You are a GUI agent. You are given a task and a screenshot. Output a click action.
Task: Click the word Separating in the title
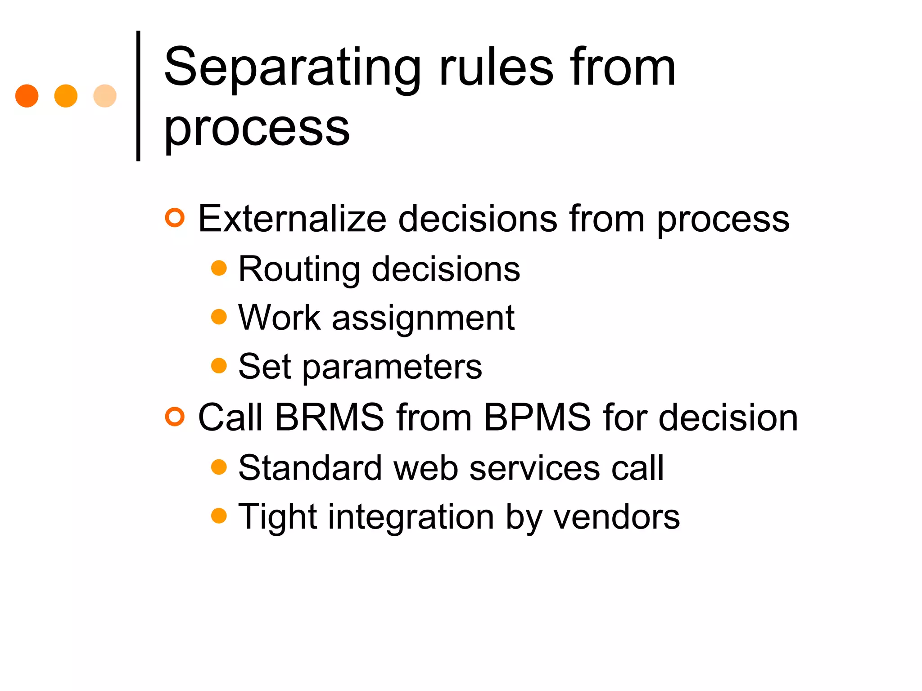[x=292, y=68]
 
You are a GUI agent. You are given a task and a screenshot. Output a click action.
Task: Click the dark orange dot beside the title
[x=27, y=96]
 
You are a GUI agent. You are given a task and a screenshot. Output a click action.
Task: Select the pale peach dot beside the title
[x=105, y=96]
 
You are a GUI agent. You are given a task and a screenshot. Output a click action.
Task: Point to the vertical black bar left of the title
[x=138, y=96]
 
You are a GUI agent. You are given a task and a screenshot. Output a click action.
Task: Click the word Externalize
[x=292, y=219]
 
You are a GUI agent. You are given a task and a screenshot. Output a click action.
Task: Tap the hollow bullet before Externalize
[x=175, y=218]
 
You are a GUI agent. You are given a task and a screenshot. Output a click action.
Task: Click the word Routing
[x=299, y=269]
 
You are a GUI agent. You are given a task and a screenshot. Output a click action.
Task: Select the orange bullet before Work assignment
[x=219, y=317]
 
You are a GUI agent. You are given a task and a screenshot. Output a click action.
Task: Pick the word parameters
[x=392, y=367]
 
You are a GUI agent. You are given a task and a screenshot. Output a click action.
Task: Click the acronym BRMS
[x=329, y=417]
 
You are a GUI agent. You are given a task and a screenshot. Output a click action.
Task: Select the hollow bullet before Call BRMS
[x=175, y=417]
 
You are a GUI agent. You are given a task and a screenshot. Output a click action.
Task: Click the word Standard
[x=310, y=468]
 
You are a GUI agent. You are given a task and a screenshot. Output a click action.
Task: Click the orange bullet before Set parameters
[x=219, y=365]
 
